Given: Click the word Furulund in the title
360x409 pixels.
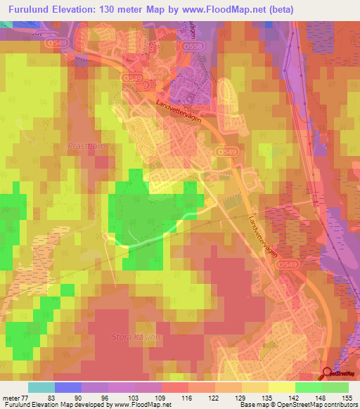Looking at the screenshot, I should pos(29,11).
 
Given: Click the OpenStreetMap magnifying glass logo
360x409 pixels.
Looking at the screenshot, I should pos(329,375).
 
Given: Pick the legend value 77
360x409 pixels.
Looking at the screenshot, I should pos(27,397).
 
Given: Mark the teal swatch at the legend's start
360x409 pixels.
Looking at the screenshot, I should pos(41,387).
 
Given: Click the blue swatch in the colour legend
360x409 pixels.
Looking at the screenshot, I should pos(67,387).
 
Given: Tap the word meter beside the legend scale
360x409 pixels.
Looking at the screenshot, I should pos(12,397).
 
